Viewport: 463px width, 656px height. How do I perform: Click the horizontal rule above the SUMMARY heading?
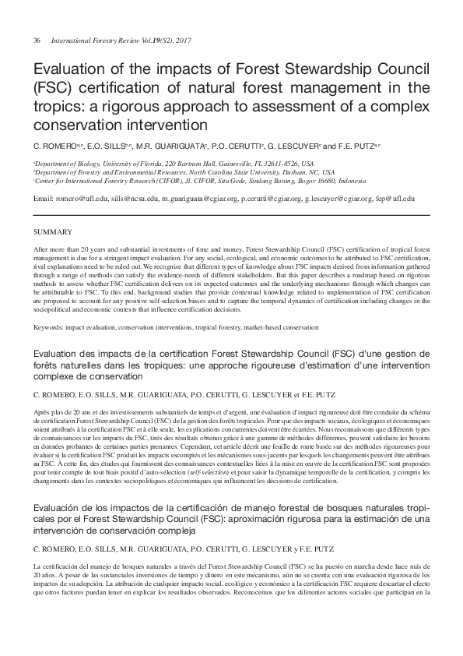(231, 215)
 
